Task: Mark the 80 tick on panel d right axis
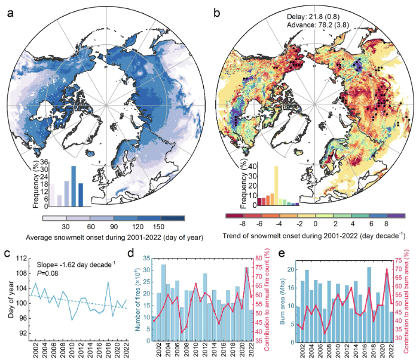click(259, 259)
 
